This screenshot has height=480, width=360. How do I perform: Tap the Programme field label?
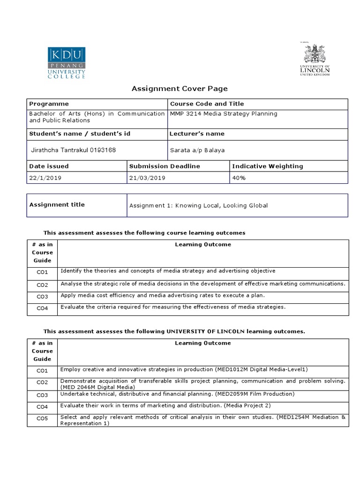(49, 104)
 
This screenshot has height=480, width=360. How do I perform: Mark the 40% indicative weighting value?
(239, 178)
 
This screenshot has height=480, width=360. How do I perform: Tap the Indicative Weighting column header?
(267, 166)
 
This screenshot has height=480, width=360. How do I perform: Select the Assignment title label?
(57, 204)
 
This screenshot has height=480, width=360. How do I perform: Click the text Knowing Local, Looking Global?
(222, 205)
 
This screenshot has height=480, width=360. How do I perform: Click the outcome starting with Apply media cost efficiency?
(163, 295)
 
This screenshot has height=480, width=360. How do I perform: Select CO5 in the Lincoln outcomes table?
(42, 419)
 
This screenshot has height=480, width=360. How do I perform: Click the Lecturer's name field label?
(197, 134)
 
